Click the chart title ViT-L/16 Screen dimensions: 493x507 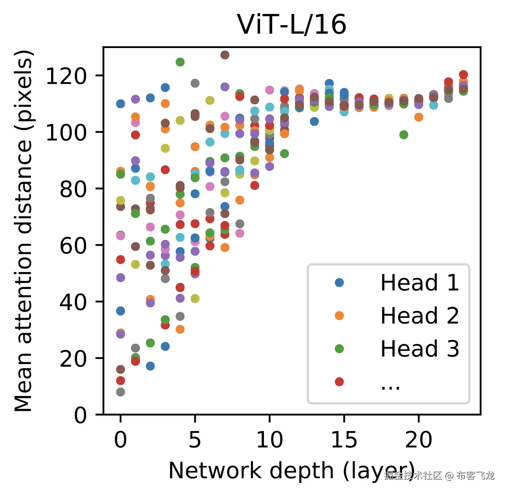tap(291, 25)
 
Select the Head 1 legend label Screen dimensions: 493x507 tap(419, 283)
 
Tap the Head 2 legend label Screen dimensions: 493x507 tap(419, 315)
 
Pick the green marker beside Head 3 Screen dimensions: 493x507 tap(339, 349)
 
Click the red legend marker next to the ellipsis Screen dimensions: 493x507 tap(339, 382)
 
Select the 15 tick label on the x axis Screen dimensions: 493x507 tap(344, 440)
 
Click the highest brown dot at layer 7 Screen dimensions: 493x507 tap(225, 55)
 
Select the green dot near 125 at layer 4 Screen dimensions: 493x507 tap(180, 62)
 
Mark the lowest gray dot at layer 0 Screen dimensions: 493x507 tap(121, 392)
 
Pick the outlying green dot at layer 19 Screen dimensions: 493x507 tap(404, 134)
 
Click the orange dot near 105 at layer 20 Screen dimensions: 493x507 tap(419, 117)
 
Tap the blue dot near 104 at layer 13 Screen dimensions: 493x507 tap(314, 121)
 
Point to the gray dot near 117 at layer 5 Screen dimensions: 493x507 tap(195, 83)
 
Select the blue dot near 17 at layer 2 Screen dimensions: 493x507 tap(150, 366)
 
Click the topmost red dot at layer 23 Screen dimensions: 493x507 tap(463, 74)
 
